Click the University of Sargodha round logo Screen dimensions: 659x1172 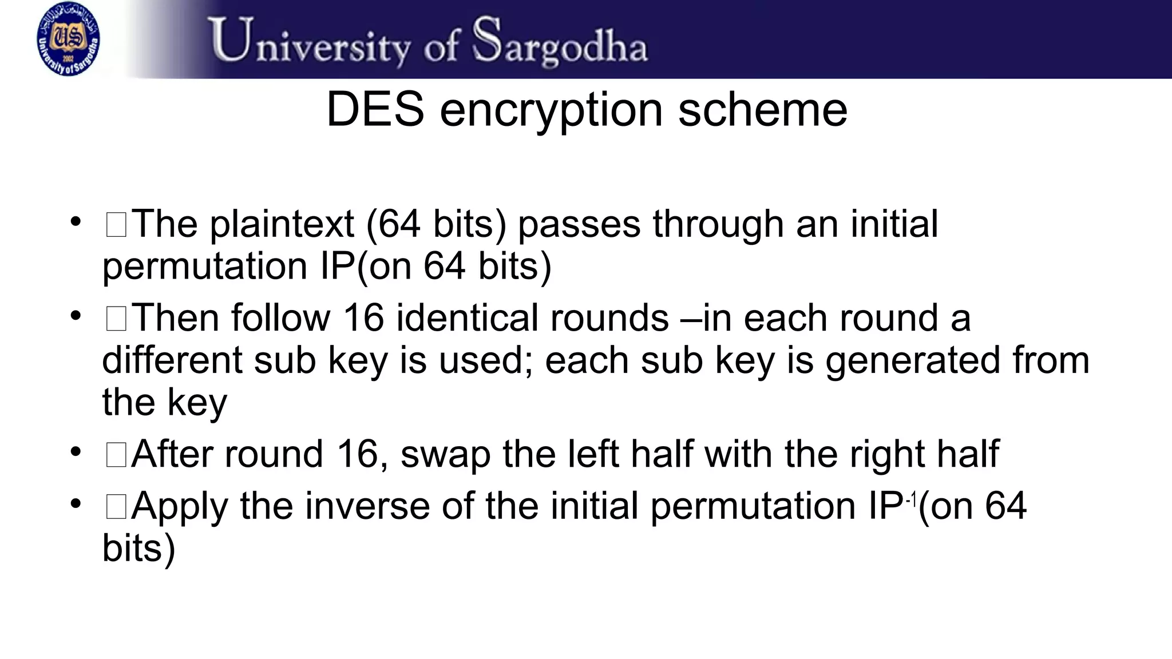point(68,39)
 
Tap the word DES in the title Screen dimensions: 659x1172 point(375,109)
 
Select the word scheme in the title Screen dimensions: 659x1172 point(762,109)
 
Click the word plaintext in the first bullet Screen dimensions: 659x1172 point(282,224)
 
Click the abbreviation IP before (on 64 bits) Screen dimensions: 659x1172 point(338,266)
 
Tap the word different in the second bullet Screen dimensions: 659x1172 point(172,360)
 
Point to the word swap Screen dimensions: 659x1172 point(445,455)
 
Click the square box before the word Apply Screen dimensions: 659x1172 point(116,507)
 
